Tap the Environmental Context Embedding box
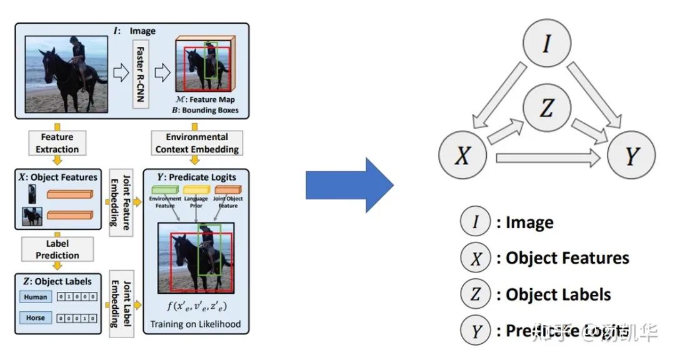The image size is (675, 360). [197, 143]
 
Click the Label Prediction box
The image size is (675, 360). [57, 249]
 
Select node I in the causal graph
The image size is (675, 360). [546, 44]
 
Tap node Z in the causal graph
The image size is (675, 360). [546, 109]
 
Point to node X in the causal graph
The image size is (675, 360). [462, 155]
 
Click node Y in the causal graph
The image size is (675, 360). [632, 155]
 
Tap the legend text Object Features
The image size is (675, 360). [567, 258]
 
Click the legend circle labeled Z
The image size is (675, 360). [476, 294]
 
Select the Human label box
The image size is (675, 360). [36, 297]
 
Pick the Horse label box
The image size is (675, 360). [36, 317]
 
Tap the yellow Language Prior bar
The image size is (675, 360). [196, 189]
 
